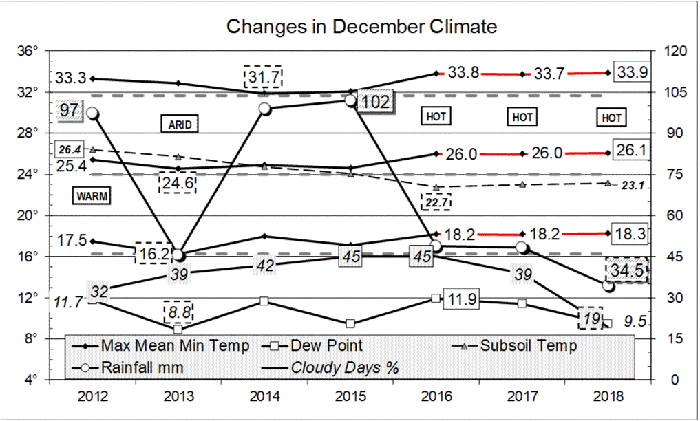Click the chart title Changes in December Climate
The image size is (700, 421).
[361, 27]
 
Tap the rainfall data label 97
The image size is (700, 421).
[70, 111]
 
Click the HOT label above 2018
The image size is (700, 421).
[611, 118]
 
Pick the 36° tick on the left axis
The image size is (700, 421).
[28, 51]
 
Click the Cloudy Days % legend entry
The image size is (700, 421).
[345, 367]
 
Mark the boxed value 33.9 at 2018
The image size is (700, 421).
[631, 72]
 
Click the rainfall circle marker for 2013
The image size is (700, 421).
[178, 255]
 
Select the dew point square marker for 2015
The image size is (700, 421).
[351, 323]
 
